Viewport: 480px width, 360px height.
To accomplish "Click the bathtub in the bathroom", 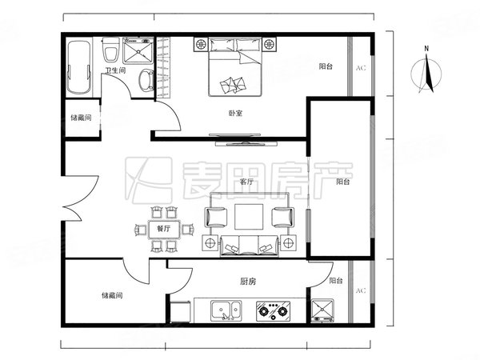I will pos(78,67).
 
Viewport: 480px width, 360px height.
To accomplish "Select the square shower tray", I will pos(138,53).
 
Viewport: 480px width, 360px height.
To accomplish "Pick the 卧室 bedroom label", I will pos(234,113).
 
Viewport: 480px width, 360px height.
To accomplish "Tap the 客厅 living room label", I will pos(246,182).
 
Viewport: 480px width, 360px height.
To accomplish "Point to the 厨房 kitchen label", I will pos(247,281).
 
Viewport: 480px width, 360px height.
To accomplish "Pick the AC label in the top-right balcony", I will pos(360,68).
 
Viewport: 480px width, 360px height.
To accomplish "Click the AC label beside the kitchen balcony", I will pos(360,290).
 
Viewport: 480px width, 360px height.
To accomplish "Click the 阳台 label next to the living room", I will pos(342,182).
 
